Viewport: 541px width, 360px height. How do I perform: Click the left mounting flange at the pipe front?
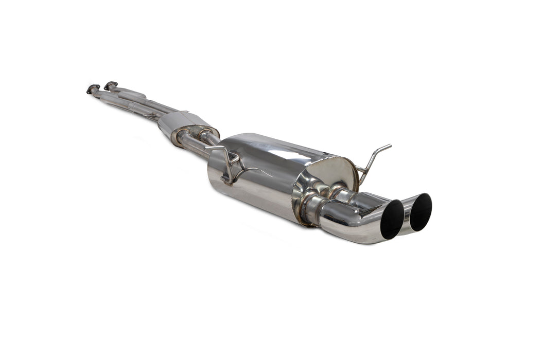pyautogui.click(x=93, y=89)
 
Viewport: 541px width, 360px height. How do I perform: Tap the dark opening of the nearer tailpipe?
pyautogui.click(x=392, y=220)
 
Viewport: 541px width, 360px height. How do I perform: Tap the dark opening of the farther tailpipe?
pyautogui.click(x=421, y=212)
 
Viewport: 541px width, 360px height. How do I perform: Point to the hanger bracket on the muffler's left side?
pyautogui.click(x=227, y=164)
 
